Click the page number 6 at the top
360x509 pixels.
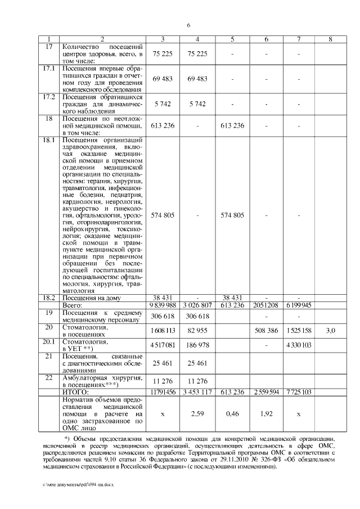pyautogui.click(x=188, y=25)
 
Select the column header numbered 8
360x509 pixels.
pyautogui.click(x=330, y=39)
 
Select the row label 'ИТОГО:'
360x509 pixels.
pyautogui.click(x=75, y=391)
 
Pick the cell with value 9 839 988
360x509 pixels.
pyautogui.click(x=163, y=304)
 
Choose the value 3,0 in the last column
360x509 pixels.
pyautogui.click(x=330, y=331)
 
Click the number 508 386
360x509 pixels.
pyautogui.click(x=266, y=331)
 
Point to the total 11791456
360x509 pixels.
pyautogui.click(x=163, y=391)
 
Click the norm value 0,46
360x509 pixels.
pyautogui.click(x=232, y=413)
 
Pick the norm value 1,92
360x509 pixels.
pyautogui.click(x=266, y=413)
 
